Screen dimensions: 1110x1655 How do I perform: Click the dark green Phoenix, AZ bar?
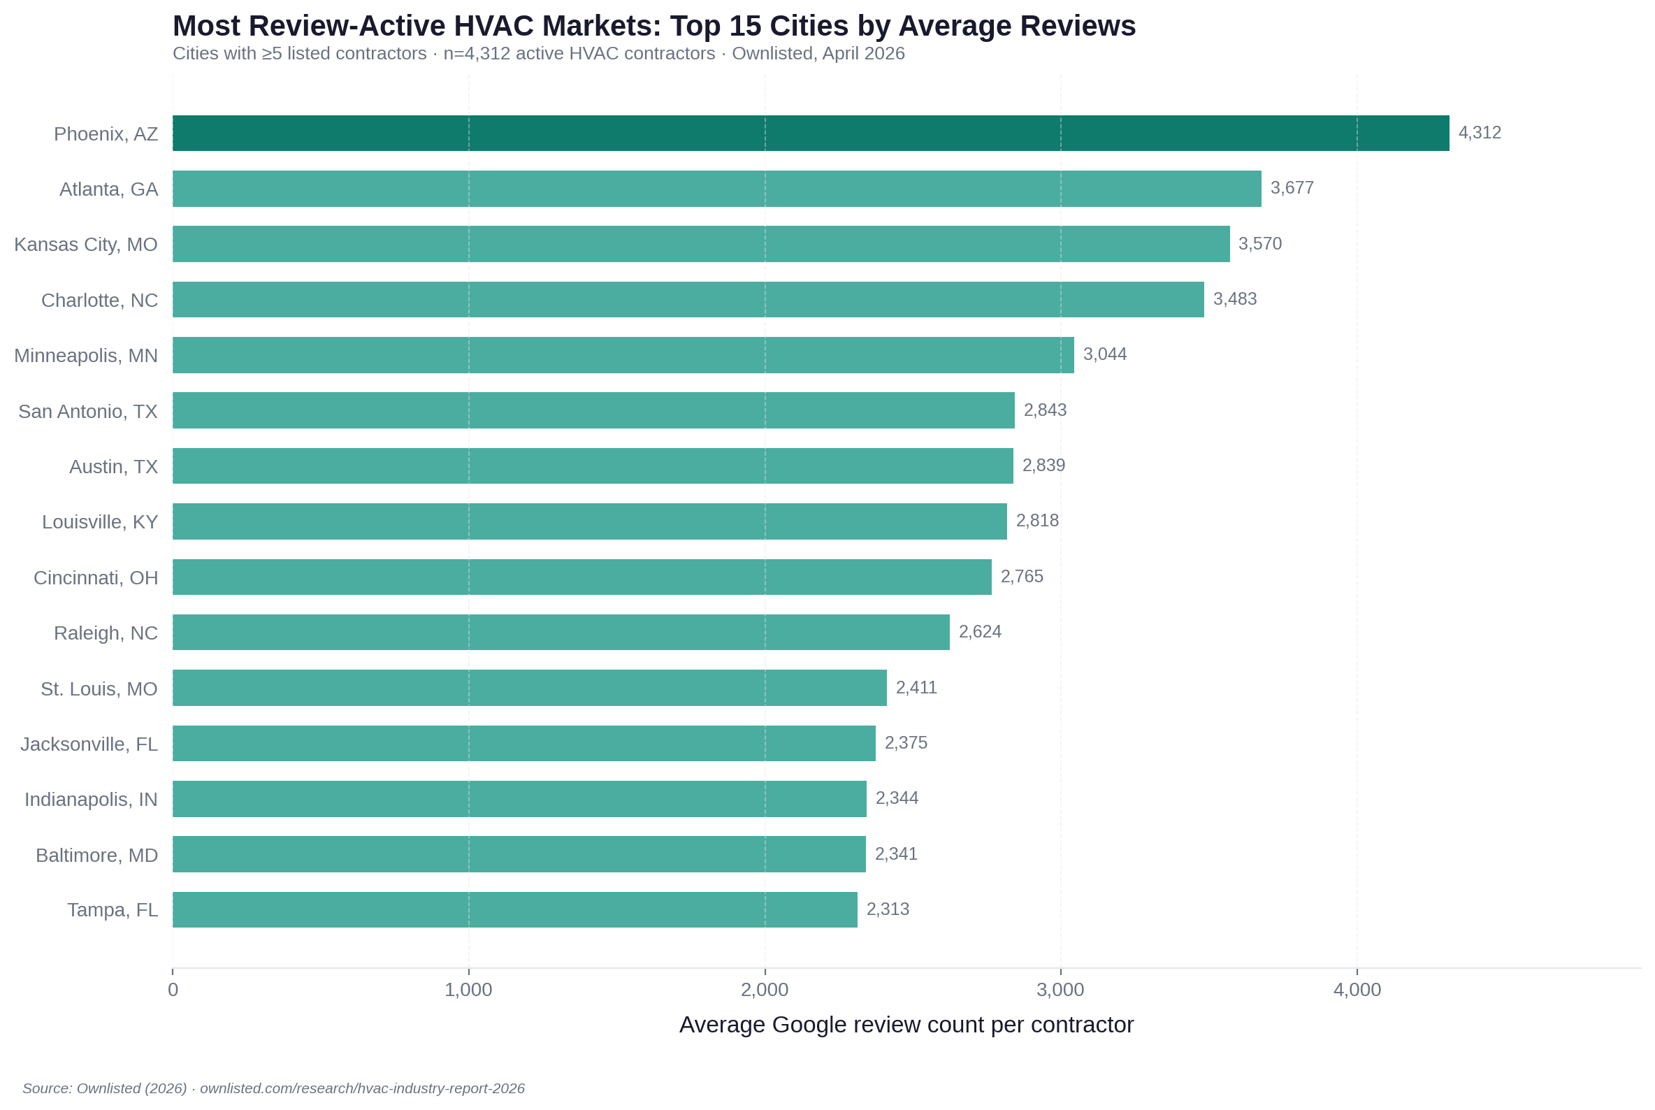click(x=811, y=133)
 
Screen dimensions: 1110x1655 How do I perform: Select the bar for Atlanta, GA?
click(x=716, y=188)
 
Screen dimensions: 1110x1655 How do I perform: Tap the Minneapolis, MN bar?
click(x=623, y=354)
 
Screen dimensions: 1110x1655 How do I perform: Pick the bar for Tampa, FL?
click(x=514, y=909)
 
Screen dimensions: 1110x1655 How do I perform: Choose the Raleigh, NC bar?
click(x=561, y=632)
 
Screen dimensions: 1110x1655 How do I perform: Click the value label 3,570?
click(x=1259, y=243)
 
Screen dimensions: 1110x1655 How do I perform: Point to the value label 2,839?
click(x=1043, y=465)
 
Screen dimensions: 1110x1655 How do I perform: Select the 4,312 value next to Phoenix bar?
click(x=1480, y=132)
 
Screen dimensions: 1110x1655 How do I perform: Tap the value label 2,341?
click(x=896, y=853)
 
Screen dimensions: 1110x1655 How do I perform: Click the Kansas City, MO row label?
click(x=86, y=244)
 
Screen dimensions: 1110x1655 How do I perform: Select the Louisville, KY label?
click(x=100, y=521)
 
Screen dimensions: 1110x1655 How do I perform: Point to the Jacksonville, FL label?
click(x=89, y=744)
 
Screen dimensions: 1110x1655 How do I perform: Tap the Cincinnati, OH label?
click(x=96, y=577)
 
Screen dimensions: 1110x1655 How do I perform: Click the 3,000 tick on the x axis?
click(x=1060, y=990)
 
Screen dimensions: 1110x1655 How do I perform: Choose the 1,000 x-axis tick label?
click(x=468, y=990)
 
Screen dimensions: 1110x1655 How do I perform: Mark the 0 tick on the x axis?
click(x=173, y=990)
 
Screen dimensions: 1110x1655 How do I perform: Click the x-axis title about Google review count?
click(x=906, y=1024)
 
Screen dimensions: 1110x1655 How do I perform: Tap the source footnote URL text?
click(x=362, y=1088)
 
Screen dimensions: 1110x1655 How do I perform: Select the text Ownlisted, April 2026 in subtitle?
click(x=818, y=54)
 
